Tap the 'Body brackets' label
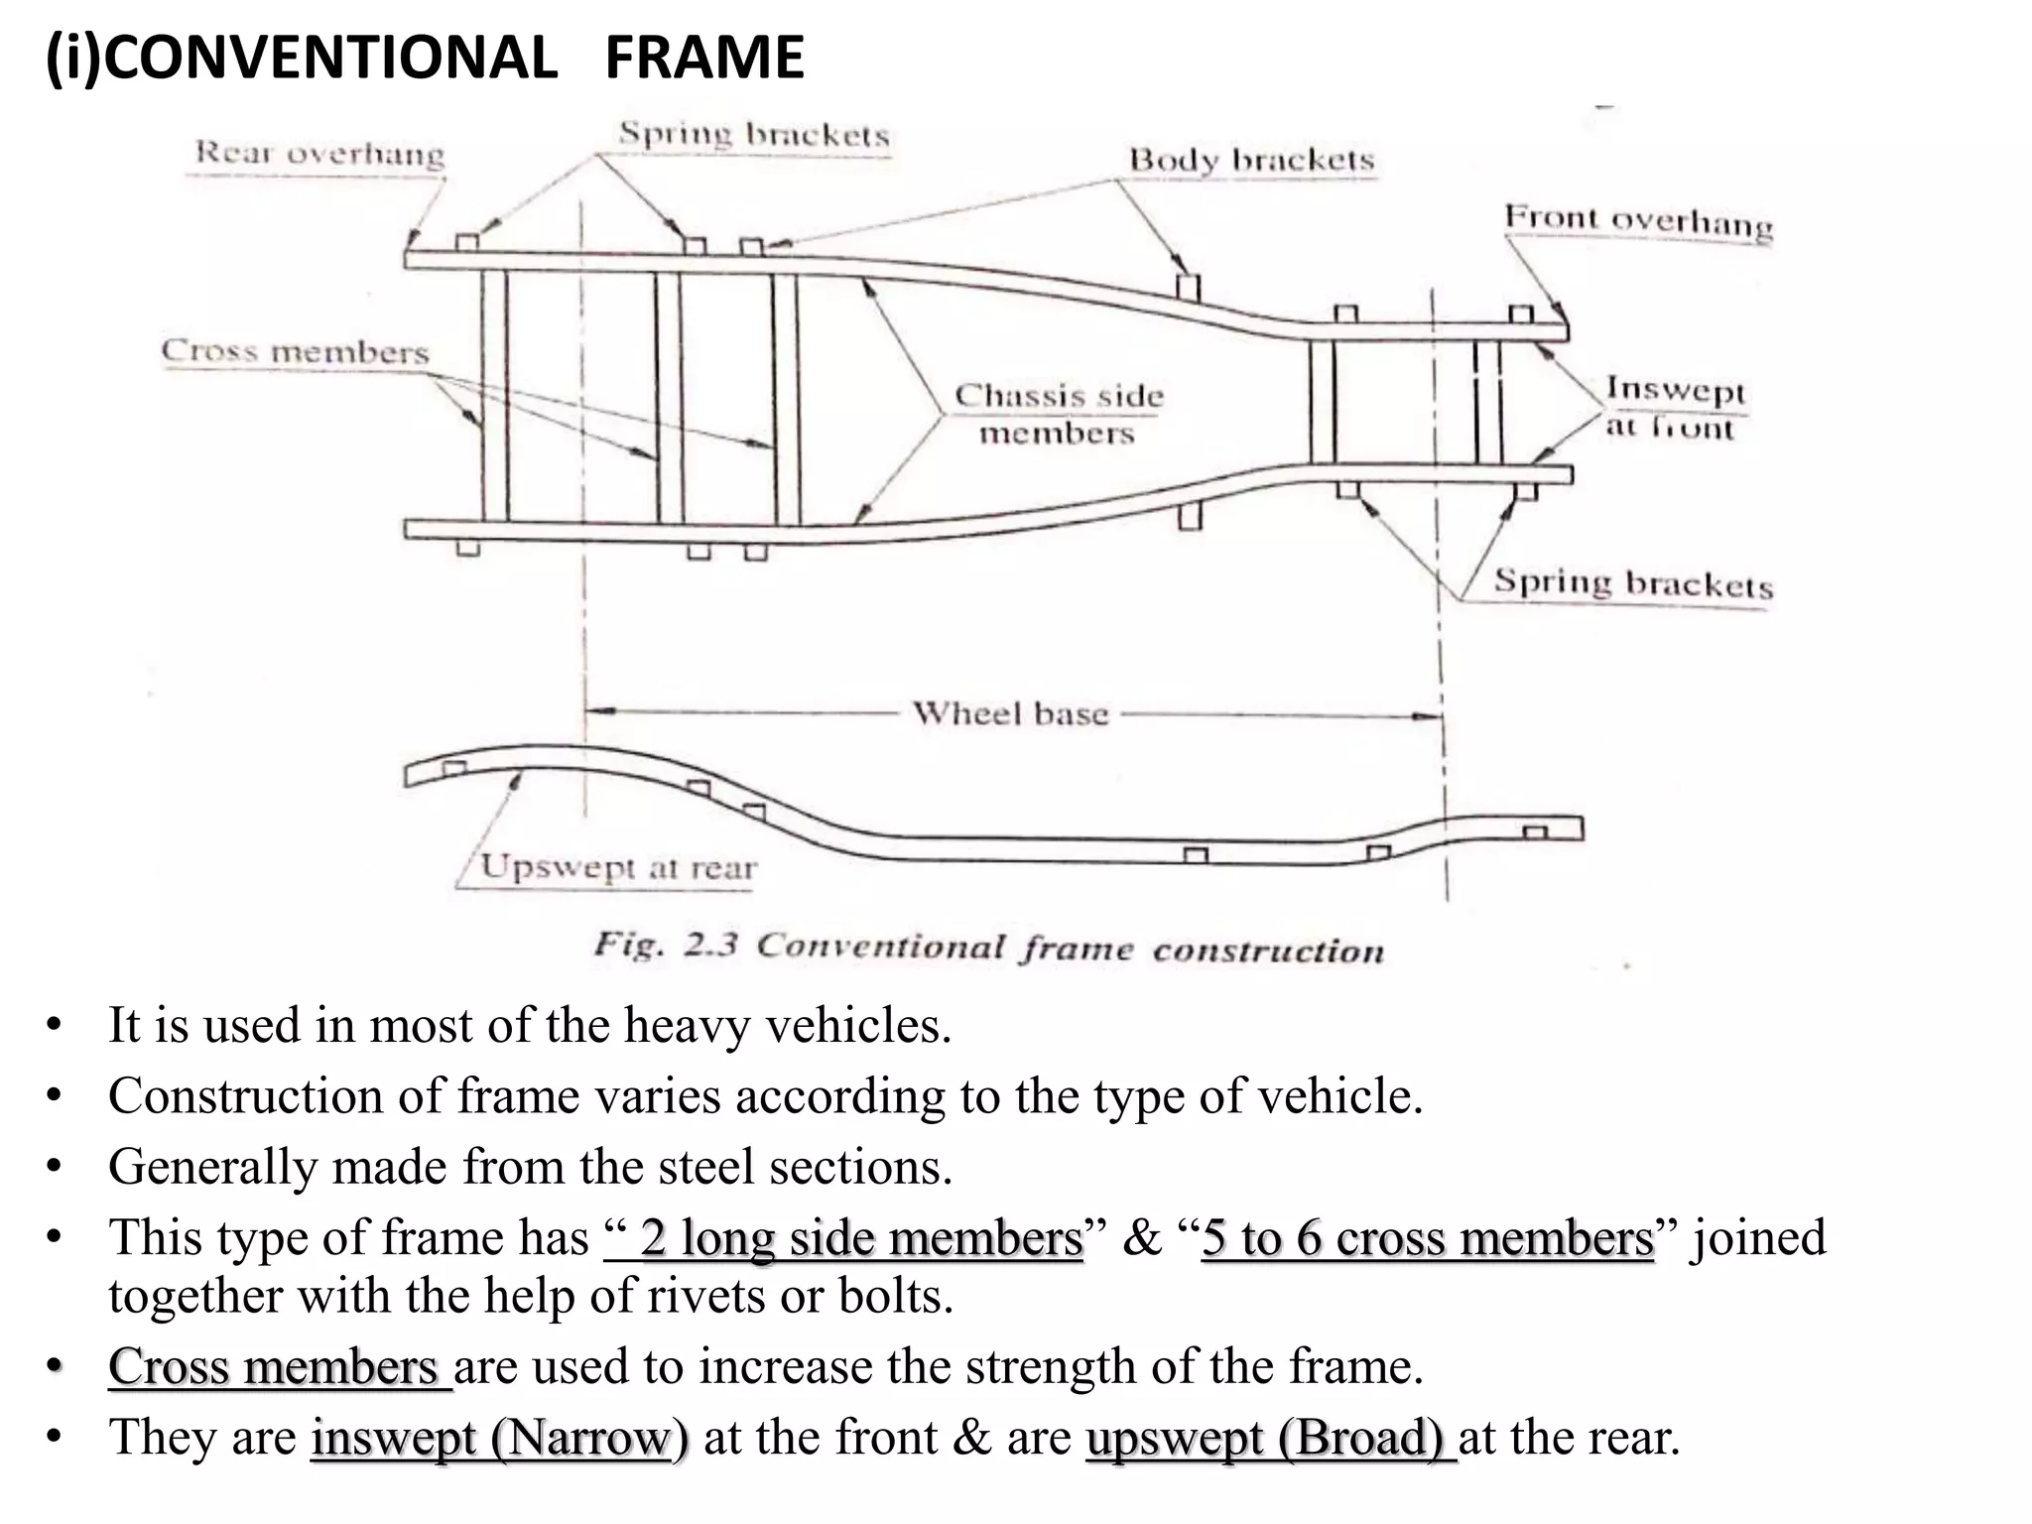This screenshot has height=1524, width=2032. click(1251, 160)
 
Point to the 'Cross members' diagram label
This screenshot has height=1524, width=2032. click(295, 351)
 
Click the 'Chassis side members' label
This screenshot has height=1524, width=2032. click(1058, 414)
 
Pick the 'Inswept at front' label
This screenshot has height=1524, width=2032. click(1674, 408)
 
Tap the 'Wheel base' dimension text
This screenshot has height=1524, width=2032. click(1010, 713)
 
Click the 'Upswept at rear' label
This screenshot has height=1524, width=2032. click(618, 868)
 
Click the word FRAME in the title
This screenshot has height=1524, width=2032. click(703, 58)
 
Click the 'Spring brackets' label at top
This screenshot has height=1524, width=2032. click(754, 135)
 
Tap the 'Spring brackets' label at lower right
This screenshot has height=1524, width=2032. click(1633, 582)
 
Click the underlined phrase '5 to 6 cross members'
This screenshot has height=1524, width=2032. click(1427, 1238)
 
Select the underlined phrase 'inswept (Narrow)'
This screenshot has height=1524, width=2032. click(499, 1438)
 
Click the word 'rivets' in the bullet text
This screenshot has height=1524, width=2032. click(708, 1296)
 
